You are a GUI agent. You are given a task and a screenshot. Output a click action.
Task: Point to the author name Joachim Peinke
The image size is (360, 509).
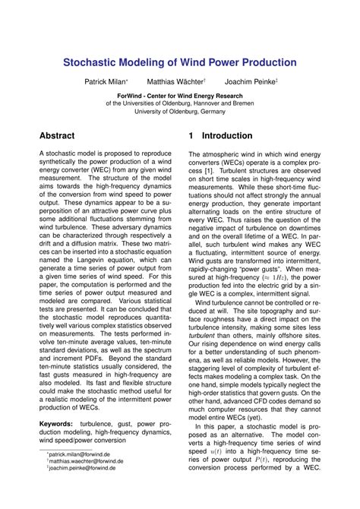coord(249,81)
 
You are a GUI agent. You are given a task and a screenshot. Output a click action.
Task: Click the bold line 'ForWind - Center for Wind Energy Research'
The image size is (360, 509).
coord(179,96)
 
